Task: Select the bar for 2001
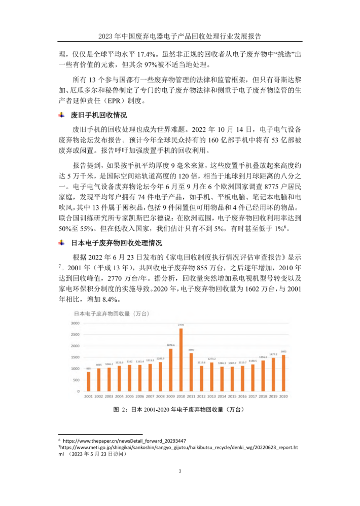click(x=88, y=381)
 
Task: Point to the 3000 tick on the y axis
click(x=75, y=323)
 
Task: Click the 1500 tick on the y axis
click(x=75, y=357)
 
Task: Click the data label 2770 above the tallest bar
click(x=181, y=325)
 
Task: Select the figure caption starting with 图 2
click(x=180, y=409)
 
